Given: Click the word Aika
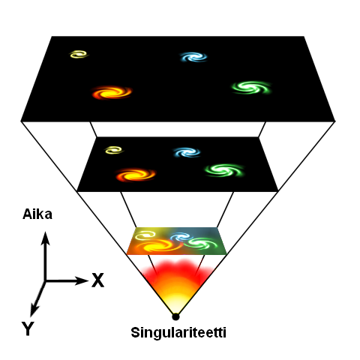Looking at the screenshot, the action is pyautogui.click(x=37, y=214).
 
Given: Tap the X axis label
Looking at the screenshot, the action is pyautogui.click(x=97, y=280).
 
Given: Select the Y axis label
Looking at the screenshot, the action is pyautogui.click(x=28, y=328).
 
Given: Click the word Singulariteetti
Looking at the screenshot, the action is pyautogui.click(x=178, y=333).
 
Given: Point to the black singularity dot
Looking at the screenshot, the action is pyautogui.click(x=175, y=316).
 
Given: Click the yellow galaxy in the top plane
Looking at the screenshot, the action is pyautogui.click(x=79, y=54).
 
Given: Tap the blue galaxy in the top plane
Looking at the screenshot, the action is pyautogui.click(x=194, y=57).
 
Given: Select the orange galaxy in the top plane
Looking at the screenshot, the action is pyautogui.click(x=112, y=92).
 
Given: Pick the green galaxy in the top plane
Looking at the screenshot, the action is pyautogui.click(x=251, y=87).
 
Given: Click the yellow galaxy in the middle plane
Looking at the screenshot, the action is pyautogui.click(x=114, y=150).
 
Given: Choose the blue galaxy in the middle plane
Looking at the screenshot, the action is pyautogui.click(x=187, y=152).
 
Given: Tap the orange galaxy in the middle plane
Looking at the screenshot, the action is pyautogui.click(x=136, y=175).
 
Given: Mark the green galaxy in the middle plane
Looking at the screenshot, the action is pyautogui.click(x=224, y=170).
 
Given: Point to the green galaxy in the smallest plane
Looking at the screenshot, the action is pyautogui.click(x=202, y=244).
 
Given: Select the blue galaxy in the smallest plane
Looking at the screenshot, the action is pyautogui.click(x=181, y=236).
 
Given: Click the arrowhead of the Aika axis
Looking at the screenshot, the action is pyautogui.click(x=45, y=238).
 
